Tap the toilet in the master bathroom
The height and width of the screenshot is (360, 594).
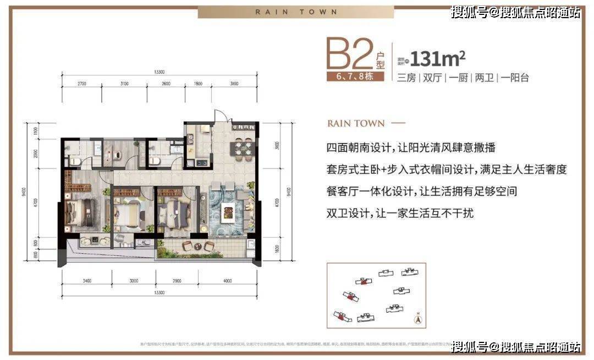point(75,160)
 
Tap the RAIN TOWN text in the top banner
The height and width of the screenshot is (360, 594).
point(296,12)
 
